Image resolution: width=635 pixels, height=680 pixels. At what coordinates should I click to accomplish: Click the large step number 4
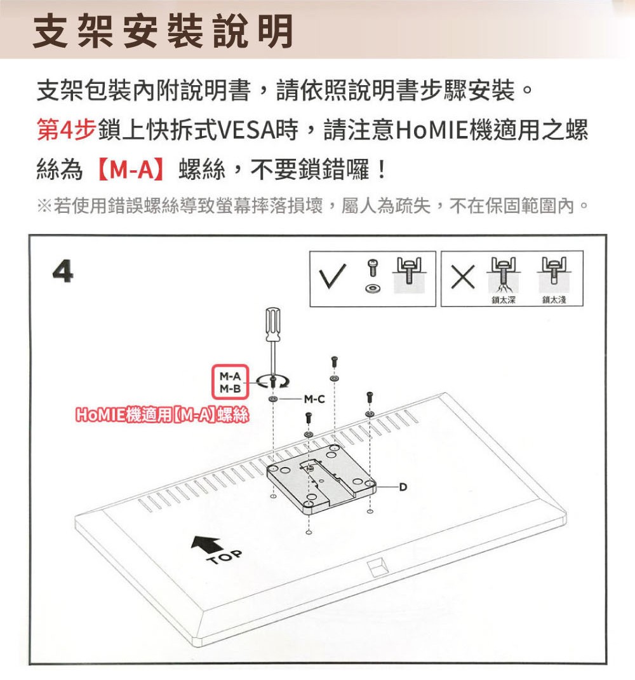(x=63, y=272)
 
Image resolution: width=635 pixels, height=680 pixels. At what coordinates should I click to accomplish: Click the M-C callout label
(x=314, y=399)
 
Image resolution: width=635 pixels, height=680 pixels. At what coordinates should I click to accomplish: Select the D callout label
(x=403, y=487)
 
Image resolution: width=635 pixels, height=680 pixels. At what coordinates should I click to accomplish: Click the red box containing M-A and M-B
(x=230, y=382)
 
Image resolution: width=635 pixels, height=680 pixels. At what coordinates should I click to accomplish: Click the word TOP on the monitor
(x=225, y=557)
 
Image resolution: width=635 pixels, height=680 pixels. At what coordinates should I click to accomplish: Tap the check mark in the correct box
(x=332, y=276)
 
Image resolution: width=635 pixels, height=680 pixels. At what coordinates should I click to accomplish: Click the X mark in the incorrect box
(x=462, y=277)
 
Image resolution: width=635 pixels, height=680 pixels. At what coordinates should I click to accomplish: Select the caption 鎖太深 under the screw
(x=503, y=300)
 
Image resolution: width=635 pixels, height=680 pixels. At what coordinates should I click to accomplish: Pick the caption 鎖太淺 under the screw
(x=554, y=300)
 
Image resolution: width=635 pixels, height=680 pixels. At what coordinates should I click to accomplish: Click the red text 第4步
(x=66, y=130)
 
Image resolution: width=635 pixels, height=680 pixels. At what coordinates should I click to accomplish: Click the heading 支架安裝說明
(x=163, y=31)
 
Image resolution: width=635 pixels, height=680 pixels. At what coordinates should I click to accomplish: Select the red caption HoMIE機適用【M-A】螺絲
(x=162, y=415)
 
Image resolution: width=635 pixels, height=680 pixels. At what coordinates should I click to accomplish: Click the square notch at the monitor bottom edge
(x=377, y=567)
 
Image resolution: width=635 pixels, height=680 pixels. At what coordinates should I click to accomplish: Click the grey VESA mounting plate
(x=321, y=479)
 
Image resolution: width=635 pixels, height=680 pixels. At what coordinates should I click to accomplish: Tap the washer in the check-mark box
(x=371, y=288)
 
